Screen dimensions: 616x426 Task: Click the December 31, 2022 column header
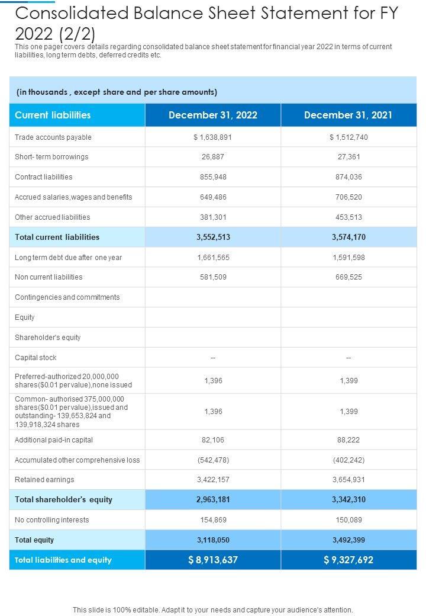[213, 115]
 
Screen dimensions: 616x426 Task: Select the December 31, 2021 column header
[348, 115]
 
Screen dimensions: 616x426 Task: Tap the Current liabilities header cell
[53, 115]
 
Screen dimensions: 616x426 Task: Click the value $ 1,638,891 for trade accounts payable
[213, 137]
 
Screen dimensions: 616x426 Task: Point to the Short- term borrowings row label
[51, 157]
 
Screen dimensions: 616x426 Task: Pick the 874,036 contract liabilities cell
[348, 177]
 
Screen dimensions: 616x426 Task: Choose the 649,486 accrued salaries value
[213, 197]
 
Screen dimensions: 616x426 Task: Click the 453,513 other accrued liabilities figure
[348, 217]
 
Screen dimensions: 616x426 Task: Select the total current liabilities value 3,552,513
[213, 238]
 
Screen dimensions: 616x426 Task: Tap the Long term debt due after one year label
[68, 258]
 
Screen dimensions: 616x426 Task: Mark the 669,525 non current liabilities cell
[348, 277]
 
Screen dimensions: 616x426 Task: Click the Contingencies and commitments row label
[67, 297]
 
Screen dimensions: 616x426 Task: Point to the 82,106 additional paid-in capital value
[213, 440]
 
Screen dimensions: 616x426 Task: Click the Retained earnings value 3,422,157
[213, 480]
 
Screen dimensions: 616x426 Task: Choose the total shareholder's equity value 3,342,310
[348, 500]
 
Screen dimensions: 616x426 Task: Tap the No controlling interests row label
[52, 520]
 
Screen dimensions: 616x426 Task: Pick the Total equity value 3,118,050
[213, 540]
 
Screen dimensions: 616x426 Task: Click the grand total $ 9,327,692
[348, 560]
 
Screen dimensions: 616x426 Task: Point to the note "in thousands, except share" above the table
[117, 92]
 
